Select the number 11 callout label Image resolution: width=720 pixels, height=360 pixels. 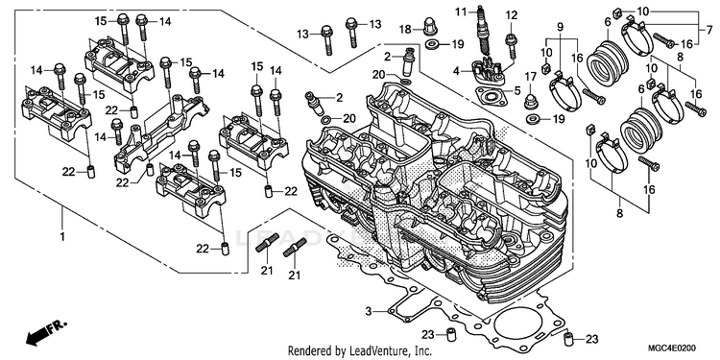(461, 11)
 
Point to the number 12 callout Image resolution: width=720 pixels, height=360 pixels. (512, 15)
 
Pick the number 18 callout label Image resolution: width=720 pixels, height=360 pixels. (405, 30)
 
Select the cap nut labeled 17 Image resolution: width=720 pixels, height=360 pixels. (532, 101)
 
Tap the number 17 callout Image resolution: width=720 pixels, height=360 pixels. (530, 76)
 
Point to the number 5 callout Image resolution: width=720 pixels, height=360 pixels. (517, 91)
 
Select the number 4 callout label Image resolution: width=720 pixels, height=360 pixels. (456, 71)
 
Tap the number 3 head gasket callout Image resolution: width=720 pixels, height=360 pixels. (369, 311)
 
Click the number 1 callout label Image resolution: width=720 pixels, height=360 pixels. (62, 237)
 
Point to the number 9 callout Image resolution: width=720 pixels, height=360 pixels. (561, 27)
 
